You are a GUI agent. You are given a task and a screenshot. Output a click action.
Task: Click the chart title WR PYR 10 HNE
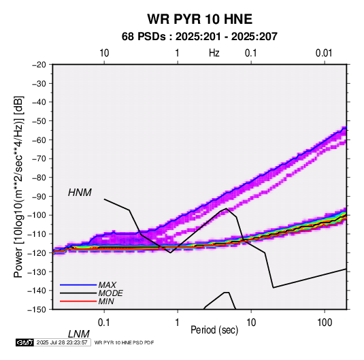(199, 19)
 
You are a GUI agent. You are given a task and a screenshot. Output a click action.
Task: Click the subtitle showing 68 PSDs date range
(199, 37)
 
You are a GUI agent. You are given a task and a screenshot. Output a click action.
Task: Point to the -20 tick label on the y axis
(39, 65)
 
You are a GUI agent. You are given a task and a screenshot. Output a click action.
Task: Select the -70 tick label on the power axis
(39, 159)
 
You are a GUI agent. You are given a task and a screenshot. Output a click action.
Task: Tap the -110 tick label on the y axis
(37, 234)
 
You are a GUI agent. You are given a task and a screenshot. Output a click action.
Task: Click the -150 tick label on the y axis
(37, 310)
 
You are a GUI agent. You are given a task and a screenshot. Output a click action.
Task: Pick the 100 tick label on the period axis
(325, 323)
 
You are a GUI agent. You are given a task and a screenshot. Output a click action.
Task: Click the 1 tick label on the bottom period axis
(178, 323)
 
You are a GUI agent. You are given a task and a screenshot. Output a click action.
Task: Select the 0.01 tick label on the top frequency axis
(324, 53)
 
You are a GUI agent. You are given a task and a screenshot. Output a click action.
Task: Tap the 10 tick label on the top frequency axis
(104, 53)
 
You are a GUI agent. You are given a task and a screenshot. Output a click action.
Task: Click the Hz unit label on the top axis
(214, 53)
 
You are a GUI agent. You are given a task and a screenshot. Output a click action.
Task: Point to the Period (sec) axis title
(214, 330)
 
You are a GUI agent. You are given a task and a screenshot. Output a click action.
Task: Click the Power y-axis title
(18, 187)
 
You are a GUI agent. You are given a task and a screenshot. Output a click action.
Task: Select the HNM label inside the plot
(80, 193)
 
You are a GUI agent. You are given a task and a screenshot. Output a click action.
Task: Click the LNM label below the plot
(79, 334)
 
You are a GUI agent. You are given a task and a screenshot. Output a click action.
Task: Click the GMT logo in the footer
(24, 342)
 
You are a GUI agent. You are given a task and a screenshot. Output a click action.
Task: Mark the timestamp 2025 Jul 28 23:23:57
(62, 342)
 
